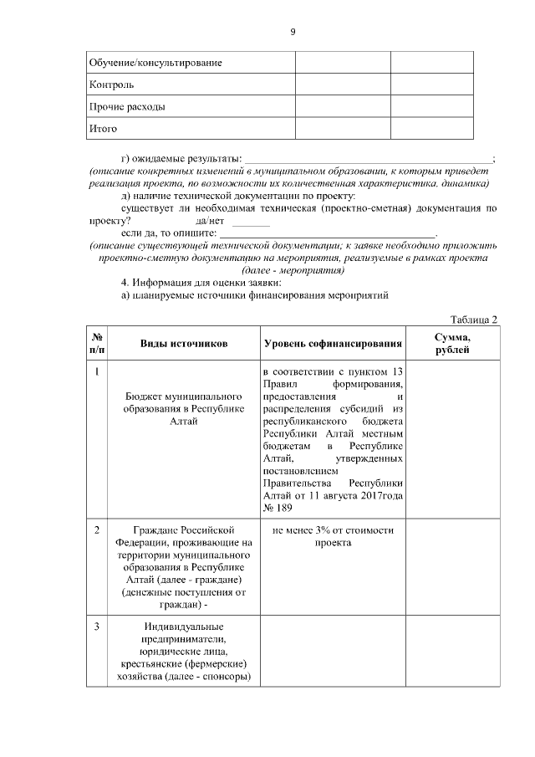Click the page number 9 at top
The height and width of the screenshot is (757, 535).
(293, 32)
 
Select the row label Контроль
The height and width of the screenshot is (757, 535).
(111, 84)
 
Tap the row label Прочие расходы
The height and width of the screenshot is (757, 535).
(126, 107)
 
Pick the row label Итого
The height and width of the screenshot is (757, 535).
(103, 129)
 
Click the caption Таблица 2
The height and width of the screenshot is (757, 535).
(473, 320)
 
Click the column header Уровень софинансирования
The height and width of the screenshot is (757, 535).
(332, 344)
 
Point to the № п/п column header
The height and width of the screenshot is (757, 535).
(97, 344)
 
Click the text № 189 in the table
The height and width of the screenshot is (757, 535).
(277, 509)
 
